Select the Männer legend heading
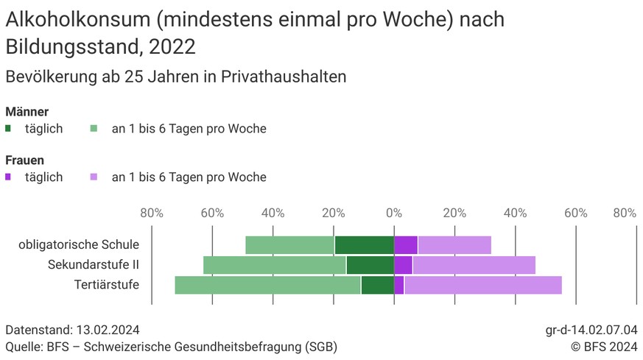[x=27, y=112]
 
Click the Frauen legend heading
[x=25, y=160]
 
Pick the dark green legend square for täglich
[x=8, y=129]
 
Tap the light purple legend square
[x=94, y=177]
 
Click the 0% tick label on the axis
[x=394, y=213]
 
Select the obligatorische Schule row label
[x=79, y=245]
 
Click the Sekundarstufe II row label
[x=94, y=265]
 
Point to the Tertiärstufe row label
[x=107, y=285]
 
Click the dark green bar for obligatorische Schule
[x=364, y=245]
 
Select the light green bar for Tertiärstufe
[x=267, y=285]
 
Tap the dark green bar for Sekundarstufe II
[x=370, y=265]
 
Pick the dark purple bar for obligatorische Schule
[x=406, y=245]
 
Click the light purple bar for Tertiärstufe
[x=482, y=285]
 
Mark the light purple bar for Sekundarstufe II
[x=474, y=265]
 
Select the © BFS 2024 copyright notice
[x=604, y=346]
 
